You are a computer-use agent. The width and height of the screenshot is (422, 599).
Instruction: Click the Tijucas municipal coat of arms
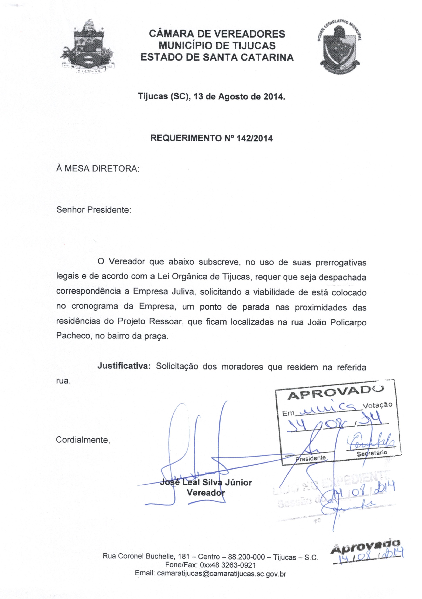(x=87, y=47)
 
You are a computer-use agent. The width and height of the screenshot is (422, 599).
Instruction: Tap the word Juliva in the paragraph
(x=183, y=291)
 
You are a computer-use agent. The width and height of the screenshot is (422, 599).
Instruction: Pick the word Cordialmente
(x=83, y=440)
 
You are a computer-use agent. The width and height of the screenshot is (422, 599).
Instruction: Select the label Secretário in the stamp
(x=372, y=453)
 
